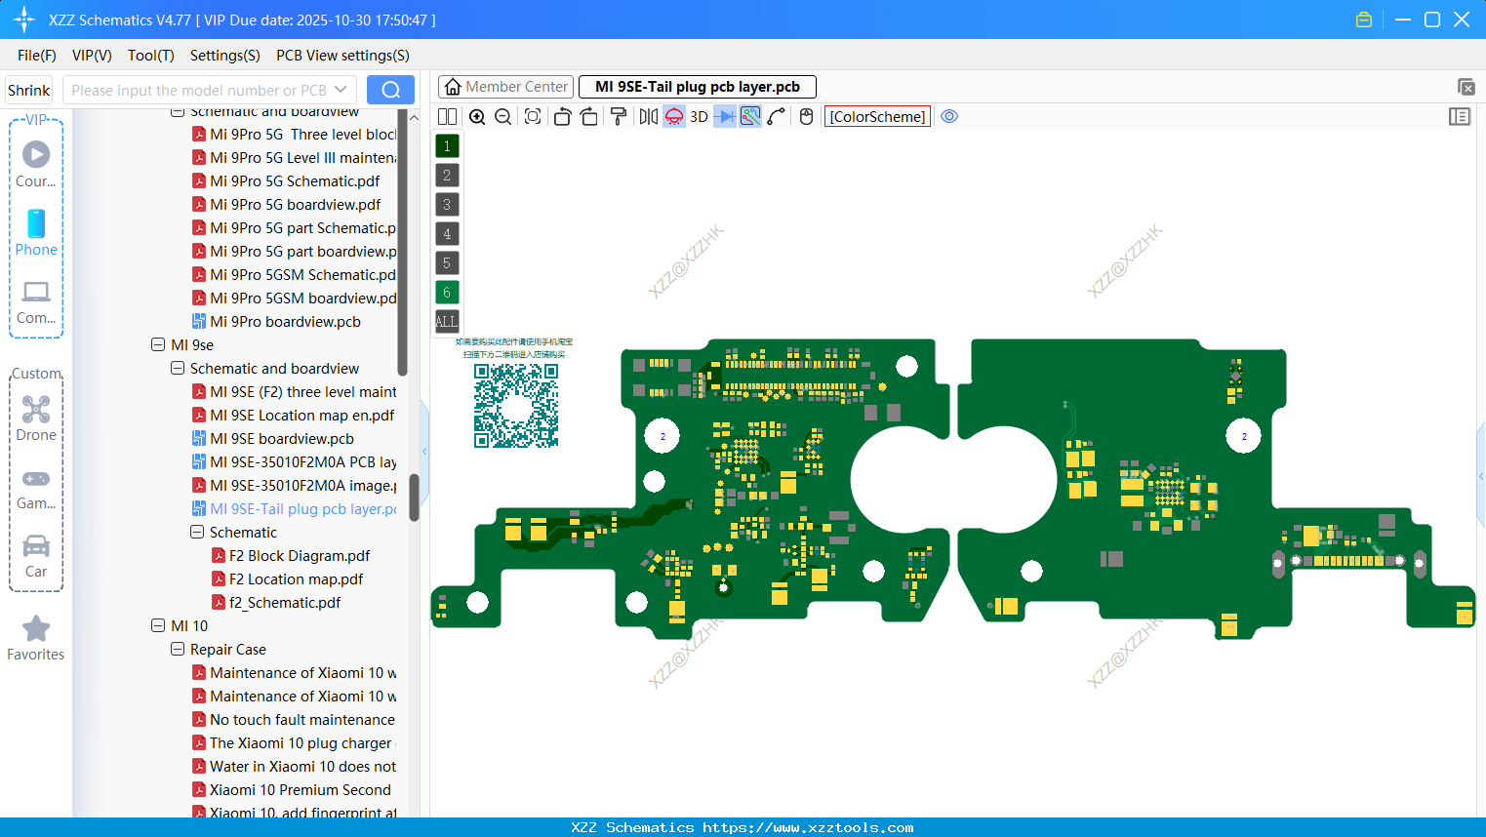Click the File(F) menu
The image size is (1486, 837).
[36, 56]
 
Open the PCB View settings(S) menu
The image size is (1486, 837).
[342, 56]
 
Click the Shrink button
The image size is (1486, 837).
[29, 91]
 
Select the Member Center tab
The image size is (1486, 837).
[505, 87]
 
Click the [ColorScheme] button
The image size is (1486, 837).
[877, 117]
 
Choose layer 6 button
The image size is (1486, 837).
[447, 292]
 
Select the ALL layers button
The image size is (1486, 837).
[447, 321]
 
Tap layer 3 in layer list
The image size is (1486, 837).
[447, 204]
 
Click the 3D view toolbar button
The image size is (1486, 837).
[699, 117]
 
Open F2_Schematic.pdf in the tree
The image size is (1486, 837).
[285, 603]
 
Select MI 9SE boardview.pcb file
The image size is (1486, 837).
[281, 439]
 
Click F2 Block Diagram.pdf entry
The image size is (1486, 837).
[299, 556]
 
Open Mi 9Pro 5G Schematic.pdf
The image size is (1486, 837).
[295, 181]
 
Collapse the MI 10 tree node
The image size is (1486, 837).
[158, 626]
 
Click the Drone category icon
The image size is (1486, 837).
[36, 410]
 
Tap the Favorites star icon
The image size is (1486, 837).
[36, 629]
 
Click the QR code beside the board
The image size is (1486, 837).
[516, 406]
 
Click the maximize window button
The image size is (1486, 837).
[1431, 20]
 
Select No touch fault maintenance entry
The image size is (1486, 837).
[301, 720]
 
